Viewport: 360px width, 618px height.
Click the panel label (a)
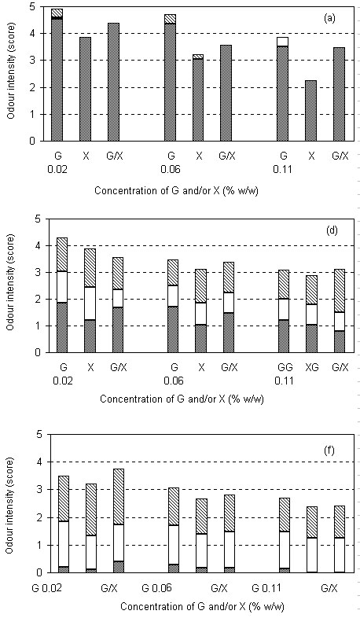[x=329, y=19]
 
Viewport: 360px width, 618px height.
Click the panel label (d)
[x=332, y=231]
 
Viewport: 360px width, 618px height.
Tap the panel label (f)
[x=329, y=450]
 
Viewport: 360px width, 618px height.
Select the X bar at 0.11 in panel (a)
[x=311, y=111]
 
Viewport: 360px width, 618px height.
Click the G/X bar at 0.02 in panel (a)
[x=114, y=82]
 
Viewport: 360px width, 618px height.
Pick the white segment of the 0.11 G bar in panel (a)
[x=283, y=42]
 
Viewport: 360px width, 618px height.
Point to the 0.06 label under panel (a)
[x=171, y=171]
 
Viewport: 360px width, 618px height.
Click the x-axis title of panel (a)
[x=177, y=191]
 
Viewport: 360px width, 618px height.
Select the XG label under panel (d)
[x=311, y=368]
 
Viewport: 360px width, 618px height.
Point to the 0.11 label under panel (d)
[x=285, y=382]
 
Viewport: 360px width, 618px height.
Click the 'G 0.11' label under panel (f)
[x=267, y=589]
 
